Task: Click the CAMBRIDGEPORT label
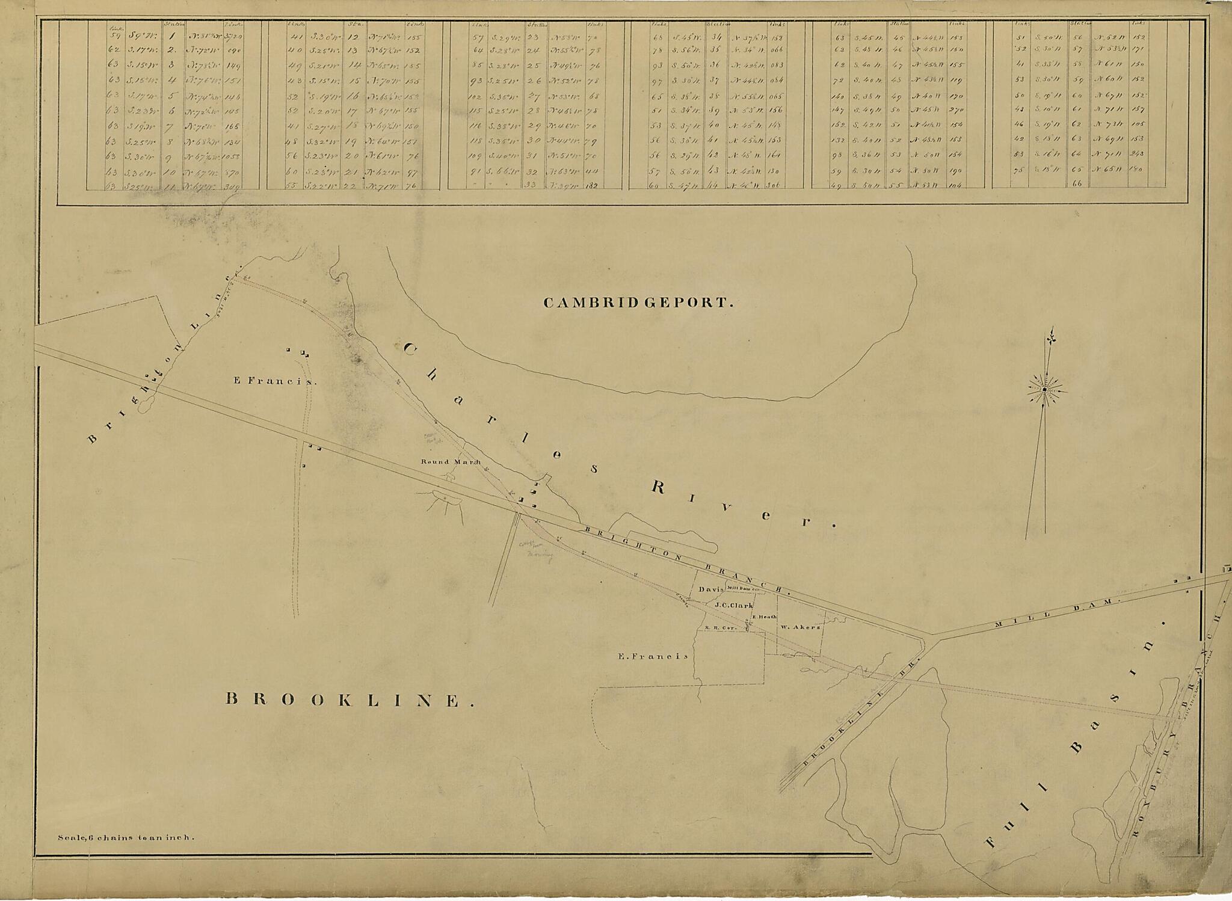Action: (638, 303)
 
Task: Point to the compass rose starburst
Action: (1045, 390)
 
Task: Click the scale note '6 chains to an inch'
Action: (125, 837)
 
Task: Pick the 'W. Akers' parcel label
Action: (800, 627)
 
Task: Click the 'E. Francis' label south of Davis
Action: (653, 657)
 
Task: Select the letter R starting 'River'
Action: (659, 488)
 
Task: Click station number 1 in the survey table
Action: (171, 35)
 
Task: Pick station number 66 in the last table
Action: (1077, 183)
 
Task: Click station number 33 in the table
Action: (531, 185)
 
